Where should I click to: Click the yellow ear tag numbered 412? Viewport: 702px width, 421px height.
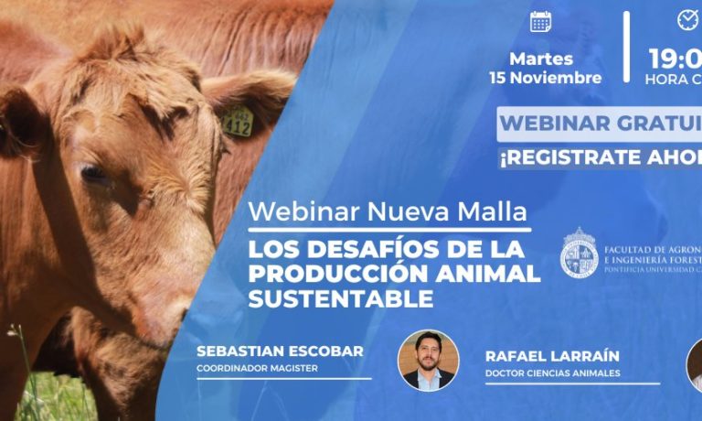coord(237,123)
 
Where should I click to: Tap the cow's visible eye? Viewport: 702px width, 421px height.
coord(94,172)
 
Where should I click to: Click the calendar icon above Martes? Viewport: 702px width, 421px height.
coord(541,21)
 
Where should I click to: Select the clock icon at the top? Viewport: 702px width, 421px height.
coord(686,19)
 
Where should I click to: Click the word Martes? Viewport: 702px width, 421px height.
coord(542,59)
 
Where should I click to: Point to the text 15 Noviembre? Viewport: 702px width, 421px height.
coord(546,78)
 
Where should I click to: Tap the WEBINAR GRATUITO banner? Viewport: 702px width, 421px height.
coord(600,123)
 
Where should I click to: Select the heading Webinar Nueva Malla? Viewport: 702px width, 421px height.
coord(388,211)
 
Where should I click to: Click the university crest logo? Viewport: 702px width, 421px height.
coord(579,254)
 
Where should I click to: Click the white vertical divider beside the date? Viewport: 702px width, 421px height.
coord(627,47)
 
